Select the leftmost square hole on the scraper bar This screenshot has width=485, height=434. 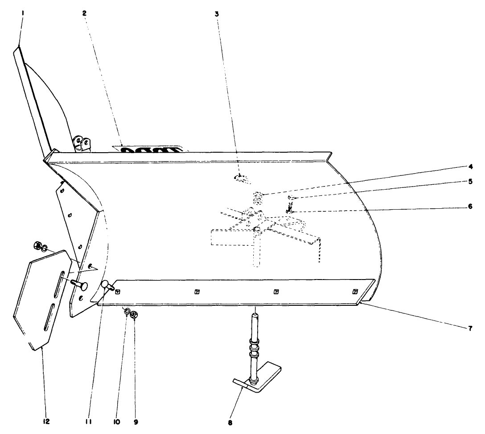click(118, 292)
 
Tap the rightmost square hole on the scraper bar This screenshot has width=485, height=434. click(355, 292)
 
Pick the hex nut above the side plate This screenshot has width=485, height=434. click(37, 244)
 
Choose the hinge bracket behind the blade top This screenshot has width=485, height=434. click(83, 143)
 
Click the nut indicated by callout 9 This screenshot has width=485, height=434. click(136, 315)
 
